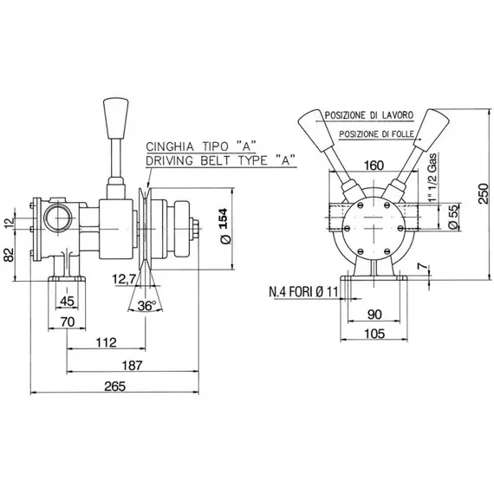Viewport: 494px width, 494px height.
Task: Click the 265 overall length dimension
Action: click(115, 387)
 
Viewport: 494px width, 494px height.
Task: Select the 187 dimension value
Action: click(133, 366)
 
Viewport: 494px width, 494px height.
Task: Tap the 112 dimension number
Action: click(107, 342)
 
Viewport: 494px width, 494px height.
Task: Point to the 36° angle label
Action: click(146, 305)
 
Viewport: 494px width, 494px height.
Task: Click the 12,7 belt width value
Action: click(125, 279)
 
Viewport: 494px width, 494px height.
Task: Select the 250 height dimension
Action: click(484, 194)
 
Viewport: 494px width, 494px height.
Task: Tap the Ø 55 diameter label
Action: click(453, 216)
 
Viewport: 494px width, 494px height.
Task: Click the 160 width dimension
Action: click(374, 166)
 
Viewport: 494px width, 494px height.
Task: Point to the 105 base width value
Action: click(374, 334)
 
